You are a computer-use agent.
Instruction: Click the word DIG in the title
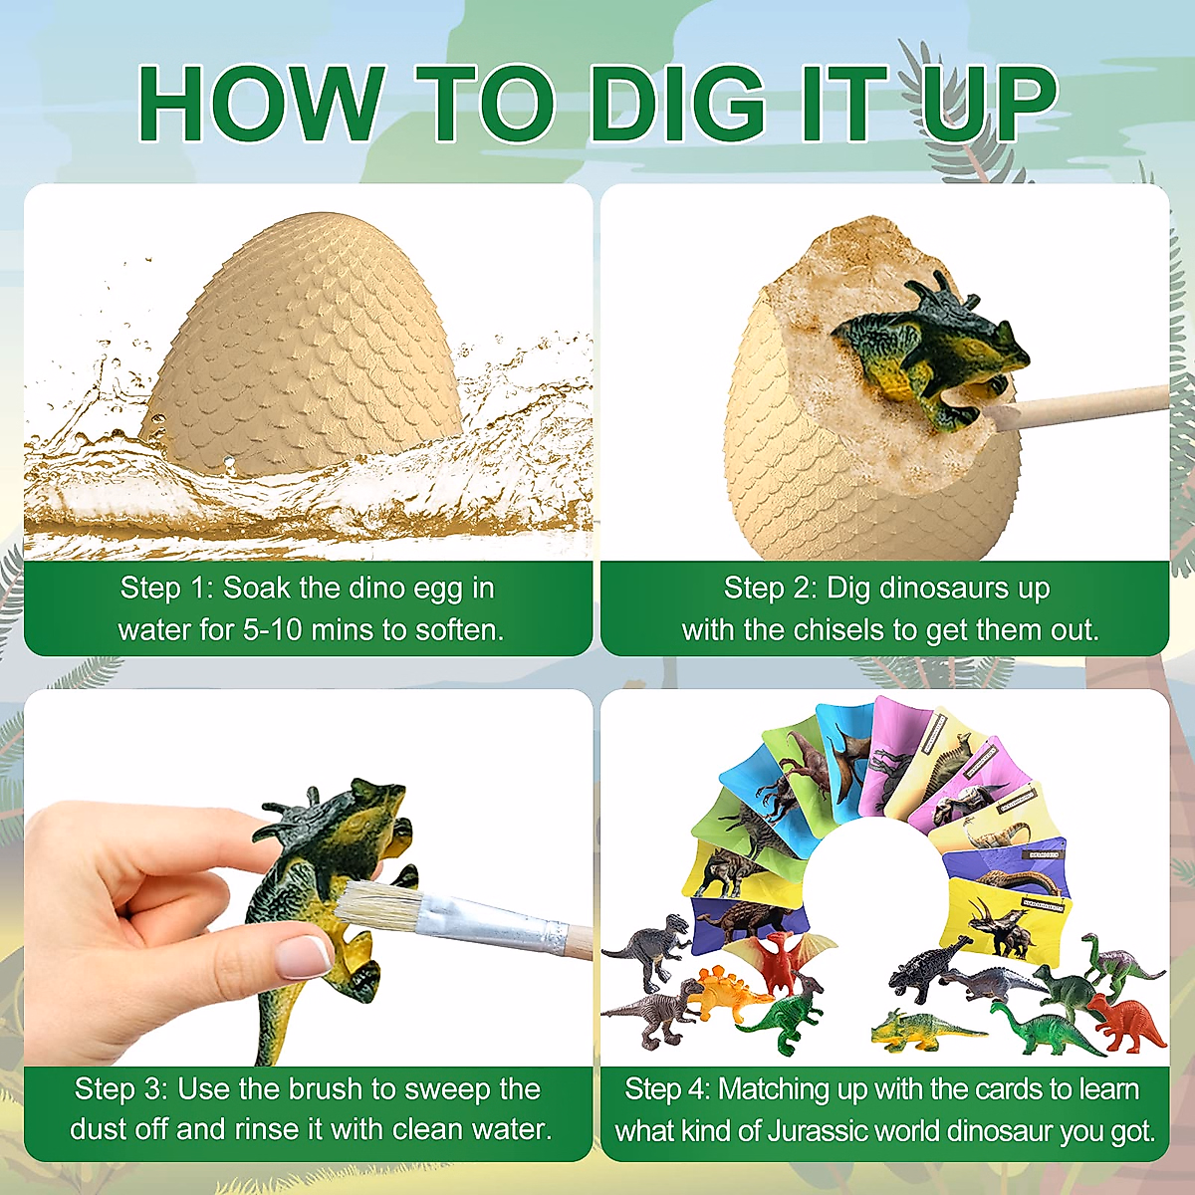point(677,104)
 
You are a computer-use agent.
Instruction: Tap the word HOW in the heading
point(261,104)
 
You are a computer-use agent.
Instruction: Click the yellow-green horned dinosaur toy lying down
point(921,1030)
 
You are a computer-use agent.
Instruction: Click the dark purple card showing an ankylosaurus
point(737,921)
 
